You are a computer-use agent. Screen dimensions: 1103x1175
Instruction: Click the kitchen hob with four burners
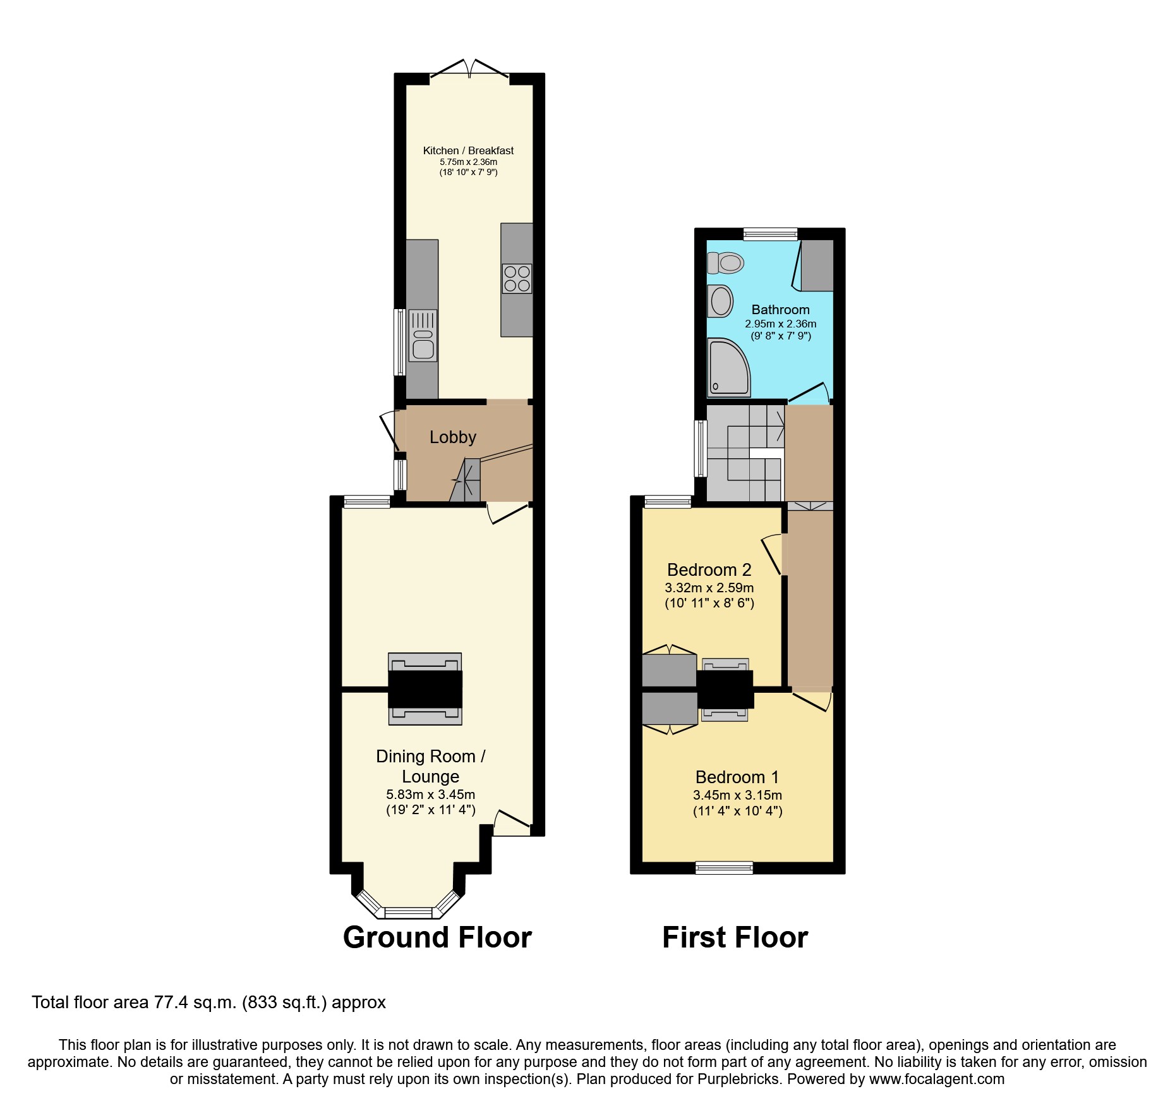coord(517,279)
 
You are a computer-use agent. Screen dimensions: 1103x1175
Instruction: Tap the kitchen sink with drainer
coord(423,336)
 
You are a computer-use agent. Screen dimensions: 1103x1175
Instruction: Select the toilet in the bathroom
coord(726,262)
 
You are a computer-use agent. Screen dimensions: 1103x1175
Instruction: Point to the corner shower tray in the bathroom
coord(728,367)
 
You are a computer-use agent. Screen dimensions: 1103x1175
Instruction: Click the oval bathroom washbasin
coord(720,301)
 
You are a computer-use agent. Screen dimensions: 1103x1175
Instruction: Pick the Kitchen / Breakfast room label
coord(468,150)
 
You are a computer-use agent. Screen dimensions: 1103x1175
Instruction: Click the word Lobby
coord(452,437)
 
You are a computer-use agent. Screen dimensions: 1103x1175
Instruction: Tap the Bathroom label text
coord(780,310)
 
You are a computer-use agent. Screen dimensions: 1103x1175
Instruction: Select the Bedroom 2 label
coord(709,570)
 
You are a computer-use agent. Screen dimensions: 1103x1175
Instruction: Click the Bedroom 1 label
coord(737,777)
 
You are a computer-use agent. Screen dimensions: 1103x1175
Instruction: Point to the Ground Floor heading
coord(437,937)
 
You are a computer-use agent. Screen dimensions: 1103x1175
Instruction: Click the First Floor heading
coord(735,937)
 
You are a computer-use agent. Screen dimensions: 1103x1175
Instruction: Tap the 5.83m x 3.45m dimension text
coord(430,795)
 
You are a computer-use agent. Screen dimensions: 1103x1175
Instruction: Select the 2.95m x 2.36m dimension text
coord(780,324)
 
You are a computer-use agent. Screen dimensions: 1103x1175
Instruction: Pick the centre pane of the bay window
coord(408,913)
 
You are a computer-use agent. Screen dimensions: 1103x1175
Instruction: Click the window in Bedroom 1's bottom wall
coord(724,868)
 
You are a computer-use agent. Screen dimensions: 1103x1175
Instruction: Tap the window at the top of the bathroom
coord(770,234)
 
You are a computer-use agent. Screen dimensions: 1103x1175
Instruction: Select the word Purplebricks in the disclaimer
coord(738,1079)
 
